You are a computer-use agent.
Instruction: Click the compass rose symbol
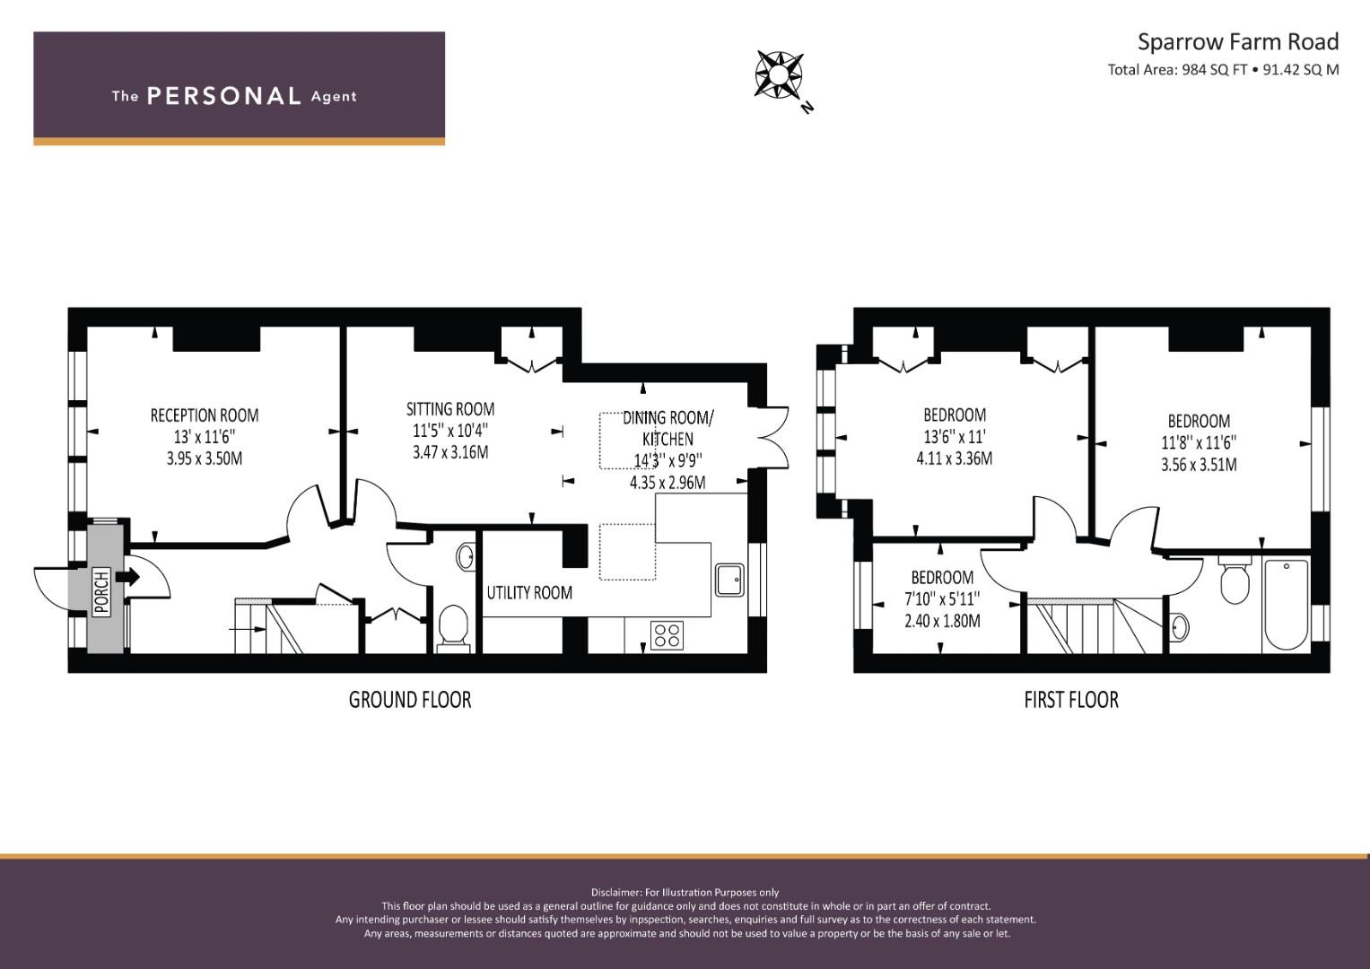(x=779, y=74)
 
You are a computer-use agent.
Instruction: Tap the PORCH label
(x=101, y=591)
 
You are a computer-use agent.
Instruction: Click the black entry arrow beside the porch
(x=127, y=576)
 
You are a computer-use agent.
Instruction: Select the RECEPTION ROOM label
(x=205, y=415)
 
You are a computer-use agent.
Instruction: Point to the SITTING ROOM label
(x=450, y=408)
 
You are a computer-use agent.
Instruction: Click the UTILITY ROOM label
(x=529, y=592)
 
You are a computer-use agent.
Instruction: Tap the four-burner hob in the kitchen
(x=667, y=634)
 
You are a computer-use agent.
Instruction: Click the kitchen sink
(x=729, y=580)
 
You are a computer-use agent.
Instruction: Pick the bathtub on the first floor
(x=1287, y=605)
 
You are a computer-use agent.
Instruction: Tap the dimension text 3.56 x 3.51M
(x=1199, y=465)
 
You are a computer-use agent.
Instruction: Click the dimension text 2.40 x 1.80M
(x=942, y=621)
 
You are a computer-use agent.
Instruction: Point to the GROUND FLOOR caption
(x=410, y=700)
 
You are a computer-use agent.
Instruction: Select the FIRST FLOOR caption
(x=1071, y=700)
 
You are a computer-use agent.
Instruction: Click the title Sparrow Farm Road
(x=1238, y=42)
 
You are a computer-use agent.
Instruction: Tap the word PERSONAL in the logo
(x=224, y=96)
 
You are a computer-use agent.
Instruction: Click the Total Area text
(x=1223, y=70)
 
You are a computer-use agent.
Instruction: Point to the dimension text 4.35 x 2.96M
(x=668, y=483)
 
